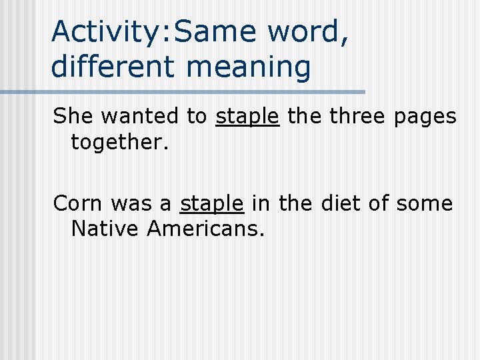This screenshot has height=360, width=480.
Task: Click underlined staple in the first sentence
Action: pyautogui.click(x=247, y=117)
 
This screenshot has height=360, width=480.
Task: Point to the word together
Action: pyautogui.click(x=117, y=143)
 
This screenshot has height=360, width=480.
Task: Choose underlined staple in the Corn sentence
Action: pyautogui.click(x=212, y=204)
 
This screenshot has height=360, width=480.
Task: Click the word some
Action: pyautogui.click(x=425, y=203)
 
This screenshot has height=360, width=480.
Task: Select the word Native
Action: pyautogui.click(x=105, y=229)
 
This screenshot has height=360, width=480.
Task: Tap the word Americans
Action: pyautogui.click(x=206, y=229)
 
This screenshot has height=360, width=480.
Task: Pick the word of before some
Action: pyautogui.click(x=382, y=203)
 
